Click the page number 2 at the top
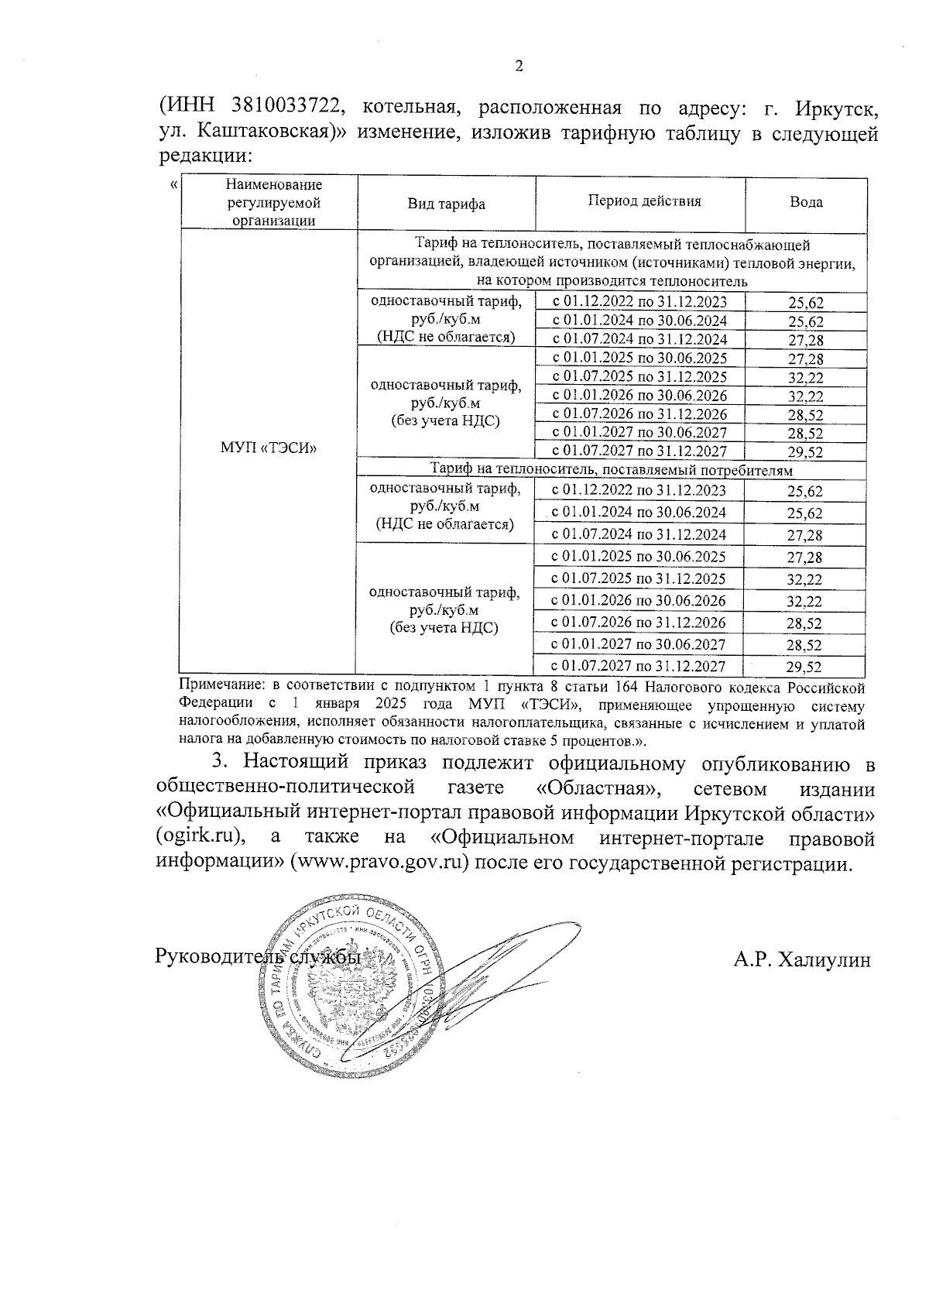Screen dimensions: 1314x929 tap(519, 67)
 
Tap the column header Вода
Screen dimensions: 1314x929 tap(806, 202)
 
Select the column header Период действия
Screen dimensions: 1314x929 tap(644, 201)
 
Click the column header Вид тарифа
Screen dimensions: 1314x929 tap(447, 204)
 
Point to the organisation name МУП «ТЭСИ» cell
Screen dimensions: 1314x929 tap(269, 448)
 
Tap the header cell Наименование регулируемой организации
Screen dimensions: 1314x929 tap(274, 203)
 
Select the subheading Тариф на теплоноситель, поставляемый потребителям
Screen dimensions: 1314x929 tap(612, 470)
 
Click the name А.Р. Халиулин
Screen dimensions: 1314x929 tap(802, 960)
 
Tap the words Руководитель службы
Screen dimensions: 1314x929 tap(259, 956)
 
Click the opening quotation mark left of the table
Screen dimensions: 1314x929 tap(172, 184)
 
